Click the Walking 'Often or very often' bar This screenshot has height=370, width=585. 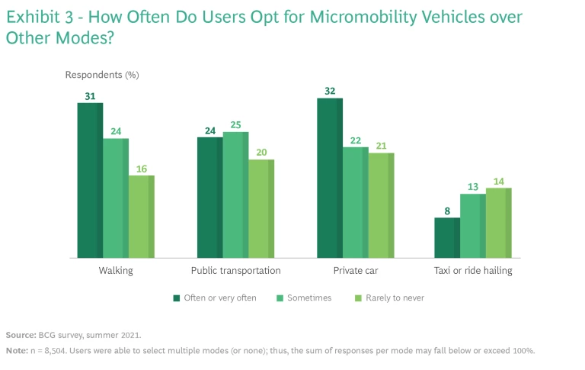(90, 180)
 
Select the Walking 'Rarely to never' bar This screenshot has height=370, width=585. (141, 217)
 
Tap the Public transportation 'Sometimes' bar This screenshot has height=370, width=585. (235, 195)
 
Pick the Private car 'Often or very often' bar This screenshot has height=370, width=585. (330, 178)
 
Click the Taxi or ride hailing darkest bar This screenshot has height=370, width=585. (447, 237)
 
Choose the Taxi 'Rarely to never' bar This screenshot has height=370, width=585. (498, 223)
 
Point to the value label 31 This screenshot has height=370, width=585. (90, 95)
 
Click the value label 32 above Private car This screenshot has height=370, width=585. (330, 91)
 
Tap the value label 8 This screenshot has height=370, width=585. (447, 211)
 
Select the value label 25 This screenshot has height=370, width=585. (235, 124)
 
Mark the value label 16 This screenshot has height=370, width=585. (141, 168)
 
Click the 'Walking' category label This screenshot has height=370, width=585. (116, 271)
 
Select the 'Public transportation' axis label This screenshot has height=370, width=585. (235, 271)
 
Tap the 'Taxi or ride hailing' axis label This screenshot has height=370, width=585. (473, 271)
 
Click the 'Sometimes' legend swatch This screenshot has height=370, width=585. (281, 298)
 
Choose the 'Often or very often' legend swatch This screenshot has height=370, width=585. (177, 298)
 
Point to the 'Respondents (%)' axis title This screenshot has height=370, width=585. (102, 75)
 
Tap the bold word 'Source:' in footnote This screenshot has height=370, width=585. (21, 335)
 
